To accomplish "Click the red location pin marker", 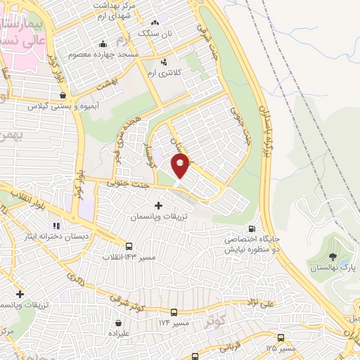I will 181,166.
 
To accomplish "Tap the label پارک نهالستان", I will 335,269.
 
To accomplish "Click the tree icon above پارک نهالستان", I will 333,257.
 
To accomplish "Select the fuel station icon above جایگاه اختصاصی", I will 252,229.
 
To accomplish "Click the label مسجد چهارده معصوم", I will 104,53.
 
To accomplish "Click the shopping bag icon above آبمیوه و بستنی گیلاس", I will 63,95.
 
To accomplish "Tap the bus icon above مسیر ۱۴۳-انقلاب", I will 129,246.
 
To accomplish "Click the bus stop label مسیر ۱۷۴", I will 174,322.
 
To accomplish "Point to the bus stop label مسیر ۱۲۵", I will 281,348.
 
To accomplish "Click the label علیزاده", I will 117,335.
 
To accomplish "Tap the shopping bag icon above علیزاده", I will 117,324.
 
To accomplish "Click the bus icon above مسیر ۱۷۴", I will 174,311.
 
